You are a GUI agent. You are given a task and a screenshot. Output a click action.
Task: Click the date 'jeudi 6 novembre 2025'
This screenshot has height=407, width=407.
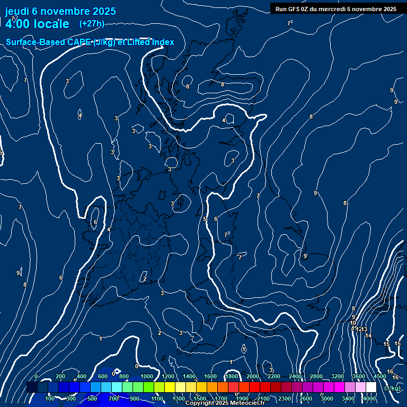point(60,11)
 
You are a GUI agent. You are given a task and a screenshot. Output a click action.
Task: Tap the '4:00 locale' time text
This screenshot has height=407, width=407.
point(37,24)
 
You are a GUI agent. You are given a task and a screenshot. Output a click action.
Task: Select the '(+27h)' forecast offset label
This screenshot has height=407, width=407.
point(92,23)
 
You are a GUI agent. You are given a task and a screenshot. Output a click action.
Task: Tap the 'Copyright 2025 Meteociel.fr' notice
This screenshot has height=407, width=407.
point(225,403)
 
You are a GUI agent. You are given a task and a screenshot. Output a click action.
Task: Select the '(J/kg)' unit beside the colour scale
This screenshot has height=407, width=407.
point(392,388)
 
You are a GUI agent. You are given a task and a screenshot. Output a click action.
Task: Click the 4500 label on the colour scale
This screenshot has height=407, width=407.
point(380,376)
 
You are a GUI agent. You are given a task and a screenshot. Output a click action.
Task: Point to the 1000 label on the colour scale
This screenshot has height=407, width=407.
point(147,376)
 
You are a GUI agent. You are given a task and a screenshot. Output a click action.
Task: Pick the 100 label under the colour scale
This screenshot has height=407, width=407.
point(50,399)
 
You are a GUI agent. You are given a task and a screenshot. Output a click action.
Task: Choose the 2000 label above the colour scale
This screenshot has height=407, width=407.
point(253,376)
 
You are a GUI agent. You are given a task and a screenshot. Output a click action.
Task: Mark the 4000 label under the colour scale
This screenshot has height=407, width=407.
point(369,399)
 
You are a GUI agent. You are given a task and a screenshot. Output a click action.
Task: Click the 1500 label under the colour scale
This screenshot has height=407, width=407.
point(200,399)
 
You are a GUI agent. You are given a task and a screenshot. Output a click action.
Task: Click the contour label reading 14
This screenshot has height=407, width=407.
point(368,335)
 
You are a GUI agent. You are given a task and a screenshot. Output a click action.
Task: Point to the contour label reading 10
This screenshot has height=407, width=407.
point(353,323)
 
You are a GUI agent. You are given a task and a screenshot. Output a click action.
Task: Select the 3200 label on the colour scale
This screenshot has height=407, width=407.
point(338,376)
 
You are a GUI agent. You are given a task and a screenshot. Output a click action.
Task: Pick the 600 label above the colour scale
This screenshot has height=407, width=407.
point(103,376)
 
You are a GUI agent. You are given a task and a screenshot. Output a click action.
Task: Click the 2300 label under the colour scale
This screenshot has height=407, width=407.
point(285,399)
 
